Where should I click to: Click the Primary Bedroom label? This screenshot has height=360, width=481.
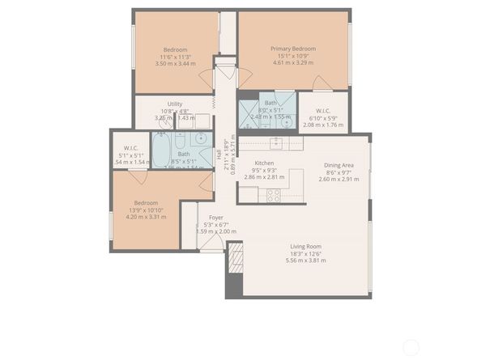293,49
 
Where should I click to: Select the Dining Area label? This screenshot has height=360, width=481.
338,164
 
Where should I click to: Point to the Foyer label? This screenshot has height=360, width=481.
216,218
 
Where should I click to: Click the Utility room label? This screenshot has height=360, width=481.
175,104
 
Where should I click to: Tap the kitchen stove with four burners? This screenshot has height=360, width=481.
273,194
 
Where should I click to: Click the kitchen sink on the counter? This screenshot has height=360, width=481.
276,143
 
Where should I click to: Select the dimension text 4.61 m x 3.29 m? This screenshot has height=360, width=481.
293,62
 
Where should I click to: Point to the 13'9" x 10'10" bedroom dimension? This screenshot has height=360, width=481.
147,210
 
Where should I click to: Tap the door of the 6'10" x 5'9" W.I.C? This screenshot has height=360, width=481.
321,84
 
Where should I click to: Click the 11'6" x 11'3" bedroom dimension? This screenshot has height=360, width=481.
174,57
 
